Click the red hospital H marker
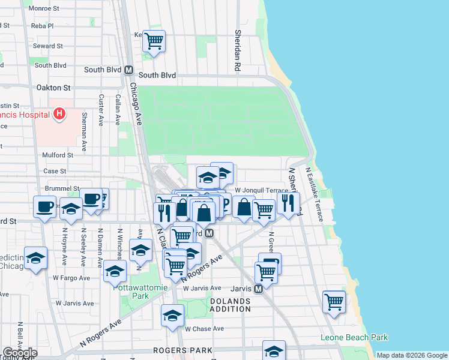point(59,113)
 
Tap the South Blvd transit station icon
point(128,70)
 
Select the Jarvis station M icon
point(258,289)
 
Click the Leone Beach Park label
point(354,338)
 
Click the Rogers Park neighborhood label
point(182,350)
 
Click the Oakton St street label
point(53,88)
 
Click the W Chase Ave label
point(204,329)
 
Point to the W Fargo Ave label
point(71,278)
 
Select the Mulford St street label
point(58,155)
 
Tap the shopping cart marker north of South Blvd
point(154,41)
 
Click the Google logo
point(19,353)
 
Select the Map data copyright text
point(411,355)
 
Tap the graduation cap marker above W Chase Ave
point(172,315)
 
